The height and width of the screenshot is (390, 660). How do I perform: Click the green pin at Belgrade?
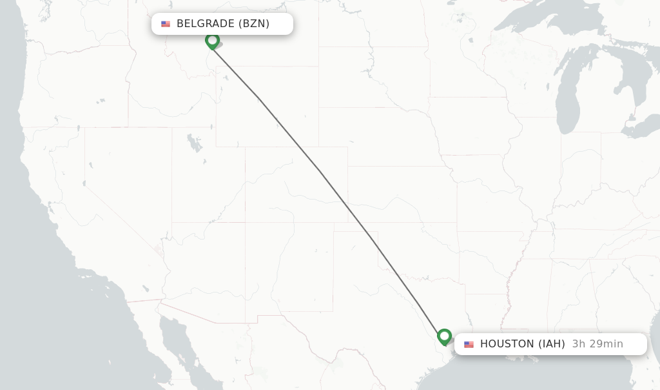coord(212,41)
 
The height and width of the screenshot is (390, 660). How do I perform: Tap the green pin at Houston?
coord(444,336)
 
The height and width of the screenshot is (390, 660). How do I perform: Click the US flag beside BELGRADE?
coord(166,24)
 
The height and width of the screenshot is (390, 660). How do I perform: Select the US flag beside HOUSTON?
coord(469,344)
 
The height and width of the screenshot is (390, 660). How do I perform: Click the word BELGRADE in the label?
coord(205,24)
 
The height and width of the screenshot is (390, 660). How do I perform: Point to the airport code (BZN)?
coord(254,24)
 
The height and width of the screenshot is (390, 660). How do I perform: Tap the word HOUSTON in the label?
coord(507,344)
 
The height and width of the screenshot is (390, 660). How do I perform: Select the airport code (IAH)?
coord(552,344)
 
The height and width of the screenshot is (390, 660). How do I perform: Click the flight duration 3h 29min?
coord(597,344)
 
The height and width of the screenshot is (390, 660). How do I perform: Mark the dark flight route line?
coord(320,171)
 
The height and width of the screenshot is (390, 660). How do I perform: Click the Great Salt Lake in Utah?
coord(194,142)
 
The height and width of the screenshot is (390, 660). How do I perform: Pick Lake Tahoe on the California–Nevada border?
coord(84,184)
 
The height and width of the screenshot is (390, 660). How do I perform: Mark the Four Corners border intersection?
coord(245,223)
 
